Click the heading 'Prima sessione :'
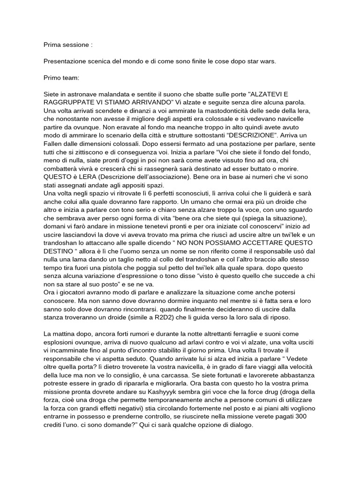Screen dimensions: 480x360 [x=68, y=45]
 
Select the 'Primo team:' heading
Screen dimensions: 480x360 [x=61, y=77]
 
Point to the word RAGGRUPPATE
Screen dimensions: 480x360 [x=67, y=101]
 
